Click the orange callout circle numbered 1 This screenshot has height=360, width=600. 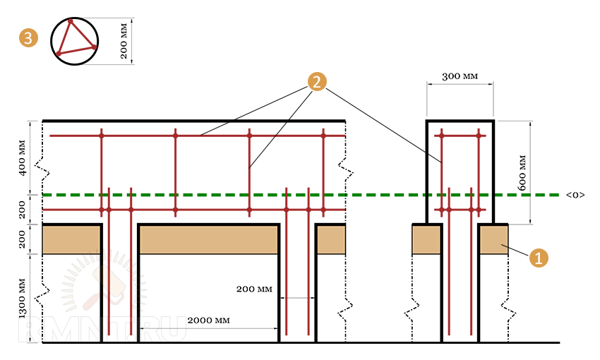coord(539,258)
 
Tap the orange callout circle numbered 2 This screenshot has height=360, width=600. coord(317,81)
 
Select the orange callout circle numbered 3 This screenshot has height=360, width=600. coord(29,38)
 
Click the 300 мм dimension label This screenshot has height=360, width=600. coord(460,76)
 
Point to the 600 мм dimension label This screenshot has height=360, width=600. coord(522,172)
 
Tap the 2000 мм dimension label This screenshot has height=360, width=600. coord(208,320)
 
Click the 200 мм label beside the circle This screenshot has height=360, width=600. coord(124,41)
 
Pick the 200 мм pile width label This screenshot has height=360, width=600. coord(254,289)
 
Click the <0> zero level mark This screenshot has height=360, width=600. coord(575,195)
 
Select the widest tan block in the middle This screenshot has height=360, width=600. coord(208,239)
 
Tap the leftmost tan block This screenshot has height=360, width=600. coord(71,239)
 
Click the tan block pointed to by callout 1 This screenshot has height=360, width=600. coord(494,239)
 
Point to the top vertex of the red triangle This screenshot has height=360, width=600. coord(71,21)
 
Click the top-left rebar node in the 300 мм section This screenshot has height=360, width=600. coord(442,136)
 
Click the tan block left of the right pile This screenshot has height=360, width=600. coord(426,239)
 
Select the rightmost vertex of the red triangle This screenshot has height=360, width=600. coord(95,47)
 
